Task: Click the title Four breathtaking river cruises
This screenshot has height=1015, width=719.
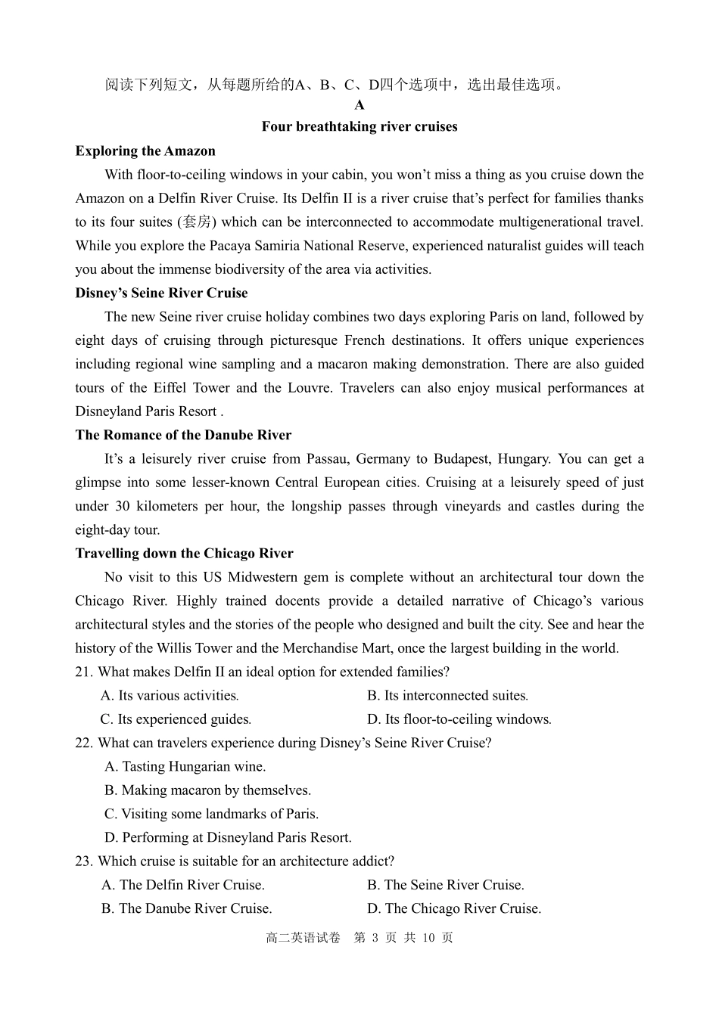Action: tap(359, 127)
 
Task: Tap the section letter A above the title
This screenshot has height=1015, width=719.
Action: tap(359, 105)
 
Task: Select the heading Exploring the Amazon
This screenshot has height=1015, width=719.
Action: tap(145, 151)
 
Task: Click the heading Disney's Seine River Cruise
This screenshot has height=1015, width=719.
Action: tap(161, 293)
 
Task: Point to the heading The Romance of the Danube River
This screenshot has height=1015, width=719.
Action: tap(183, 435)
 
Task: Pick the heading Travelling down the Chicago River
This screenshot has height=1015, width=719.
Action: tap(184, 553)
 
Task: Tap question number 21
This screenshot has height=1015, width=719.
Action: tap(83, 672)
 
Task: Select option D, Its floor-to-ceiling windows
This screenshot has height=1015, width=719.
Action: tap(459, 719)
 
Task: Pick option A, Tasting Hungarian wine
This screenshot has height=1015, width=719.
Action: tap(185, 766)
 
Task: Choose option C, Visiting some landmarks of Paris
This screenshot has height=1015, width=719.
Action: tap(211, 814)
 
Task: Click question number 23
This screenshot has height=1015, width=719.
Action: tap(83, 861)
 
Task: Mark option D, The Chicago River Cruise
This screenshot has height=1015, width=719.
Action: tap(454, 908)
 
